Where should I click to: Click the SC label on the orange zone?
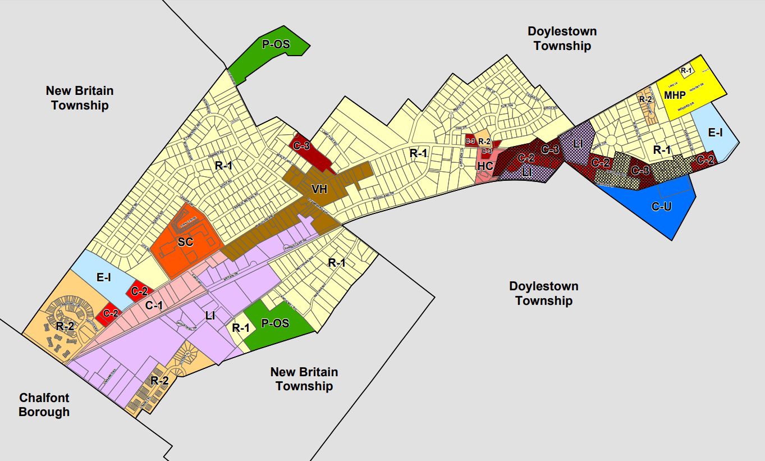pyautogui.click(x=185, y=242)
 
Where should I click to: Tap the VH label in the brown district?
pyautogui.click(x=319, y=189)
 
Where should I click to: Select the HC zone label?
pyautogui.click(x=485, y=166)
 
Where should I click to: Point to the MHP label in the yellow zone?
pyautogui.click(x=675, y=95)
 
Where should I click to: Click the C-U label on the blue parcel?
pyautogui.click(x=662, y=207)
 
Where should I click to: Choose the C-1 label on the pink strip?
pyautogui.click(x=154, y=305)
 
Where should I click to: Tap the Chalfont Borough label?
pyautogui.click(x=44, y=405)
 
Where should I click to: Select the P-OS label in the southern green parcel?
pyautogui.click(x=275, y=323)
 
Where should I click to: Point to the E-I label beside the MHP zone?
pyautogui.click(x=715, y=133)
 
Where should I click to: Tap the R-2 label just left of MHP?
pyautogui.click(x=645, y=99)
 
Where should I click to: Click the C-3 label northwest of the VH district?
pyautogui.click(x=301, y=146)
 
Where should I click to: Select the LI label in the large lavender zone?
pyautogui.click(x=210, y=316)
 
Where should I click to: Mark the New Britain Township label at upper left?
pyautogui.click(x=80, y=98)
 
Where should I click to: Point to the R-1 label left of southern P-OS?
pyautogui.click(x=240, y=328)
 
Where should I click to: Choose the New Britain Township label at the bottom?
pyautogui.click(x=304, y=379)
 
